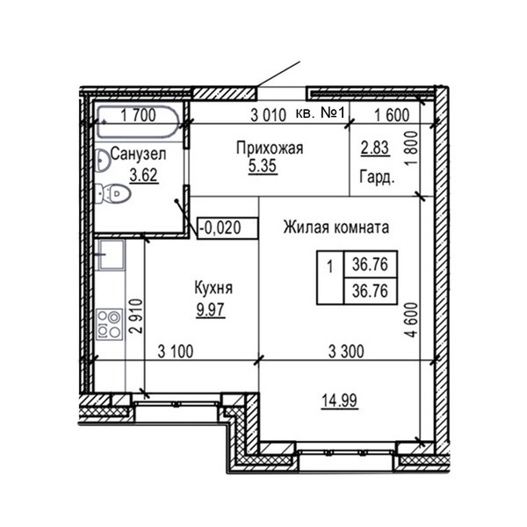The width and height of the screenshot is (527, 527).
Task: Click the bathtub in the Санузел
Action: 138,122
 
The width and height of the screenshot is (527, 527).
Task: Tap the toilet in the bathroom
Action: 112,194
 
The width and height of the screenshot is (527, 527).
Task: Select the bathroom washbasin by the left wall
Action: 102,161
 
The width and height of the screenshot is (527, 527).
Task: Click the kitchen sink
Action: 111,255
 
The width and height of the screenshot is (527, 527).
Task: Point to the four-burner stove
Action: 110,325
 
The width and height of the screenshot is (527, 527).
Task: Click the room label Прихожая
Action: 270,148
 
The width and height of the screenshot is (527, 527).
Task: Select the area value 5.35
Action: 263,166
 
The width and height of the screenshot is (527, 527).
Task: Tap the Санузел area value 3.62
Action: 143,175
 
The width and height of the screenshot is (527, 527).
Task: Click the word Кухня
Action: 213,288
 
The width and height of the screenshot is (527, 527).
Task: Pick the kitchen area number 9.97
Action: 211,309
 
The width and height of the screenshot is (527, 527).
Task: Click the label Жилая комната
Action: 336,227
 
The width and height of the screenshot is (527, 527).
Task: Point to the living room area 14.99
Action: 339,401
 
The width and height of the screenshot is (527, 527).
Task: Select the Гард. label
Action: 377,177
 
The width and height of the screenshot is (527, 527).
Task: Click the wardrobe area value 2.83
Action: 375,148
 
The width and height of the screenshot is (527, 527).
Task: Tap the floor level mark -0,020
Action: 220,227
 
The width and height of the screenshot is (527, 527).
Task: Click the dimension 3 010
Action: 269,115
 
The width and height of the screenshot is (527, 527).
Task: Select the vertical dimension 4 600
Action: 412,320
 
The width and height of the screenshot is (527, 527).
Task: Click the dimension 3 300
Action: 346,352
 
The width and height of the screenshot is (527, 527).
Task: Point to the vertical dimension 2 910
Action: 137,315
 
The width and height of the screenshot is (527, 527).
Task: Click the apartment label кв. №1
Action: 321,113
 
